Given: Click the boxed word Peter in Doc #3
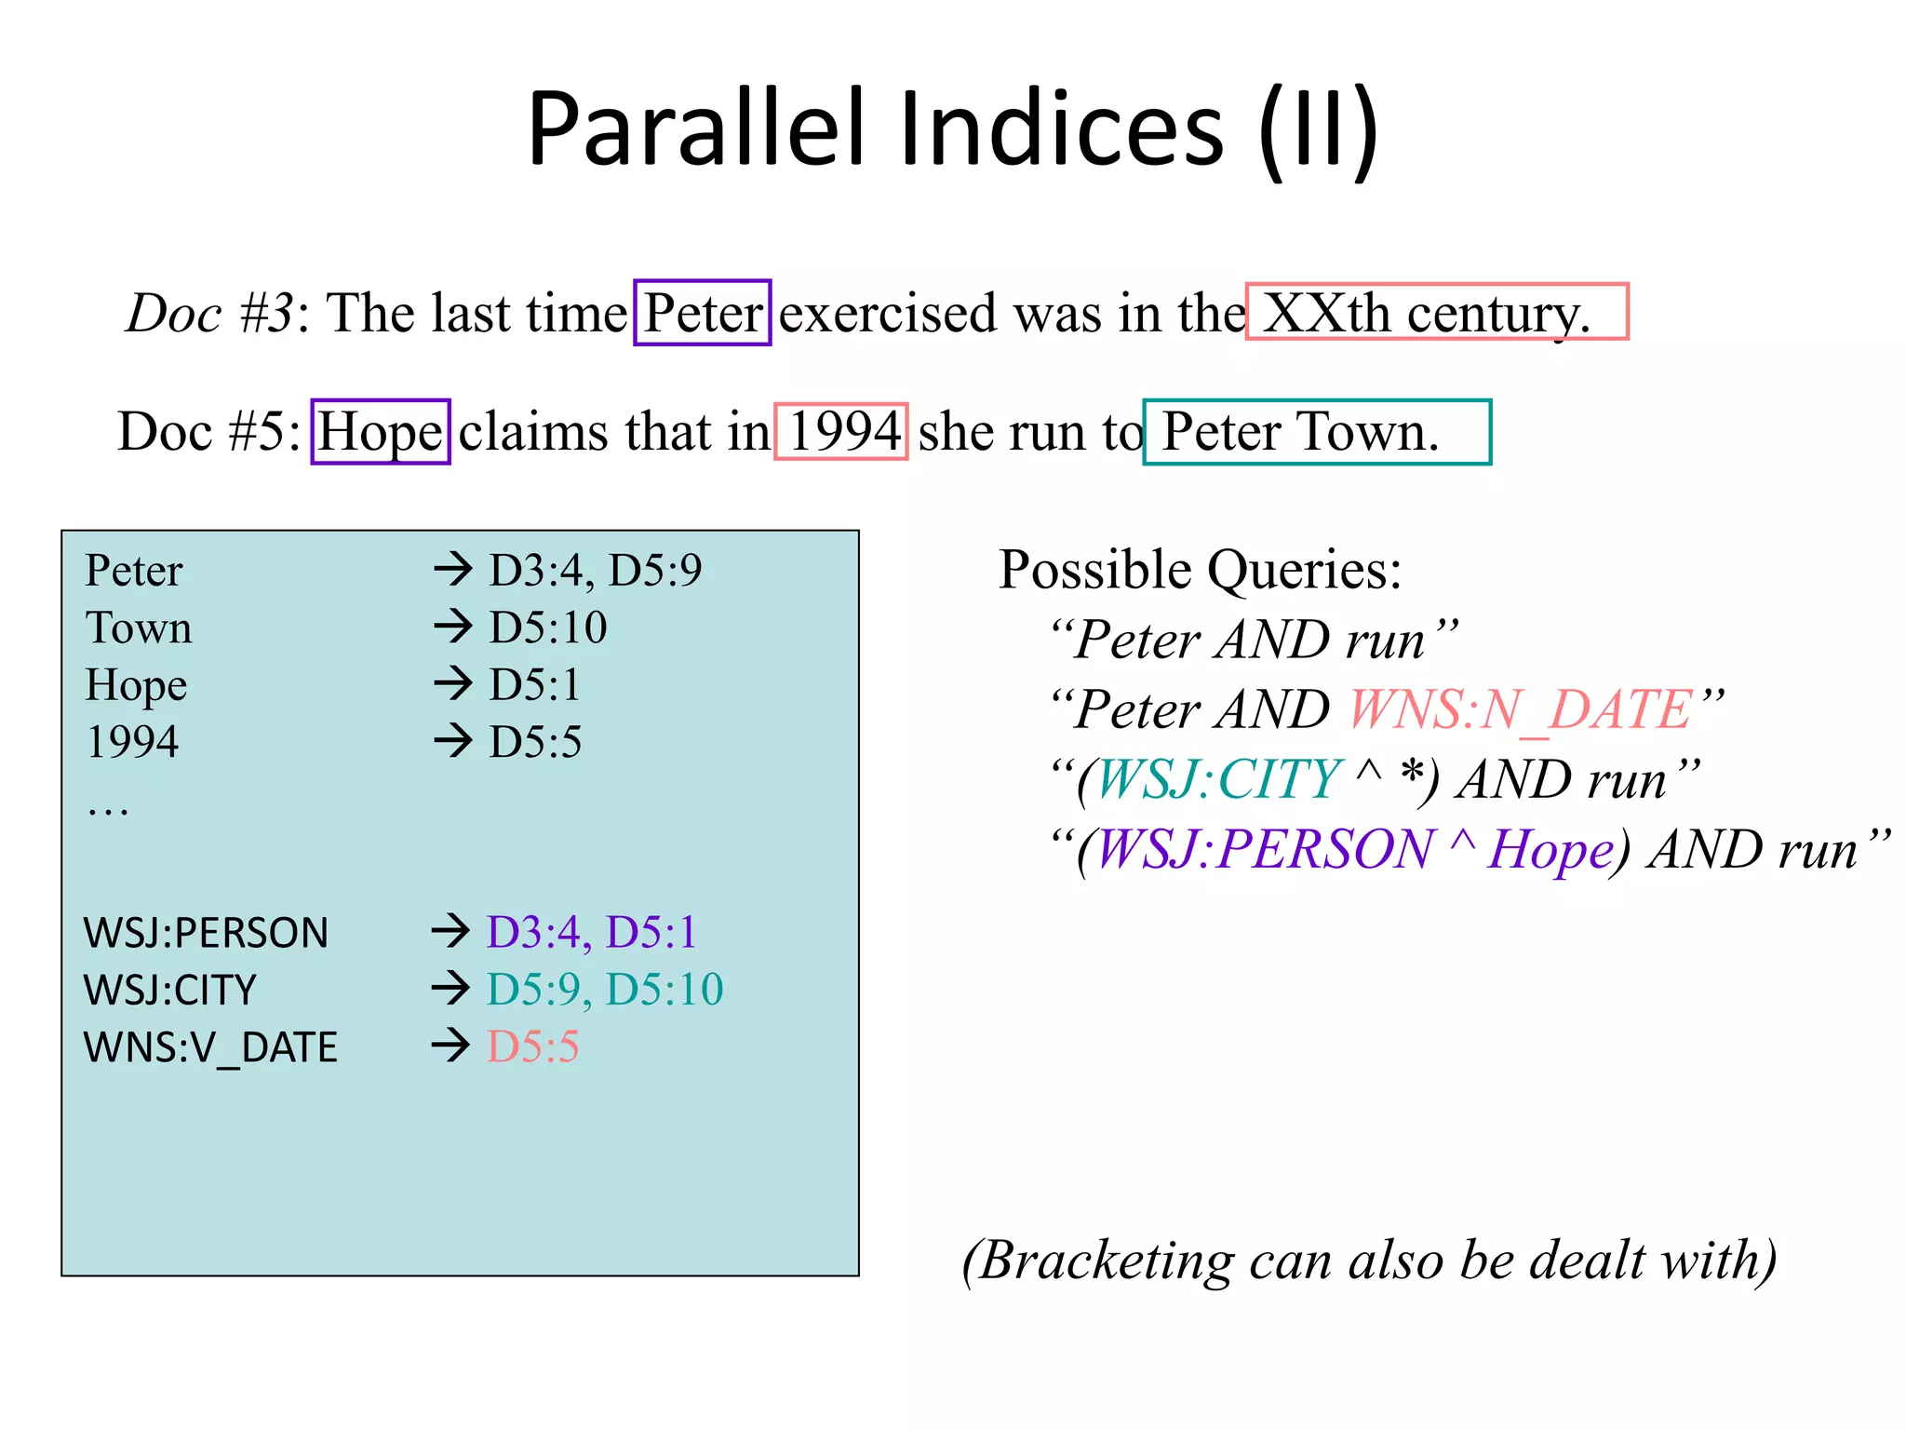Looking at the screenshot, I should tap(703, 313).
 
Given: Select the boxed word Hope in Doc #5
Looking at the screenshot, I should tap(381, 432).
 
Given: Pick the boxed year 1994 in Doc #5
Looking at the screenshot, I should tap(841, 432).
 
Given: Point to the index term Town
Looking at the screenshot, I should tap(139, 627).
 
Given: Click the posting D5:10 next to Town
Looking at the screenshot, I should tap(548, 627).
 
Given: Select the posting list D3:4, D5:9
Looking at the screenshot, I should tap(596, 570).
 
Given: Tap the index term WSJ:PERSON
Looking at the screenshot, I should tap(206, 933).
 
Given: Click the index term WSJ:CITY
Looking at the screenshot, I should tap(169, 990).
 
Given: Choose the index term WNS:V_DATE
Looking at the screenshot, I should tap(210, 1047).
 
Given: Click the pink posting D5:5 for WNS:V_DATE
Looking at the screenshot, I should tap(533, 1047).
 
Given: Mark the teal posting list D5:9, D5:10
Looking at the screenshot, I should tap(605, 990).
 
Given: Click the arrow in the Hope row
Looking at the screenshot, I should tap(453, 684).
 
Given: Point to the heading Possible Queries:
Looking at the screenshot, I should tap(1200, 570).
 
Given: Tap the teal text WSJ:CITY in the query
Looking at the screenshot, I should tap(1219, 779).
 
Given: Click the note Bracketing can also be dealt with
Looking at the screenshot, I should tap(1369, 1261).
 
